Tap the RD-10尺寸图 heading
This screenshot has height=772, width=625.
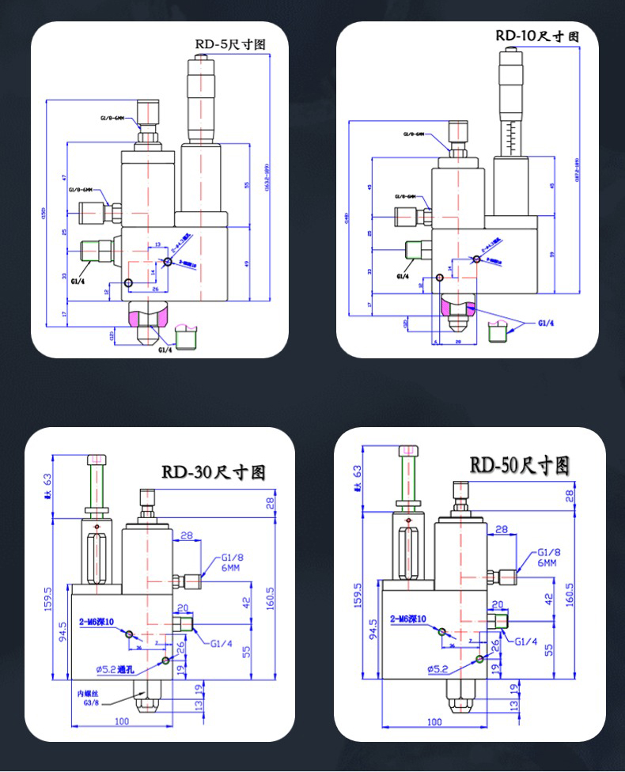click(537, 36)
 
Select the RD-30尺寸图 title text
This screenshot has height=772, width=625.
click(214, 473)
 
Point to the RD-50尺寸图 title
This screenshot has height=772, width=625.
click(520, 465)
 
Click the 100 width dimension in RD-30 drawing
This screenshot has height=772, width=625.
click(122, 722)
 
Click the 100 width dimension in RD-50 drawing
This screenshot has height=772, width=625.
click(434, 722)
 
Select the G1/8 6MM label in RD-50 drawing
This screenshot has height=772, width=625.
click(548, 558)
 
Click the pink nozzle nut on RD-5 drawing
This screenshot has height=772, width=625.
click(148, 318)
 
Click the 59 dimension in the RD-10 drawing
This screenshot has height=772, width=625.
click(551, 255)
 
